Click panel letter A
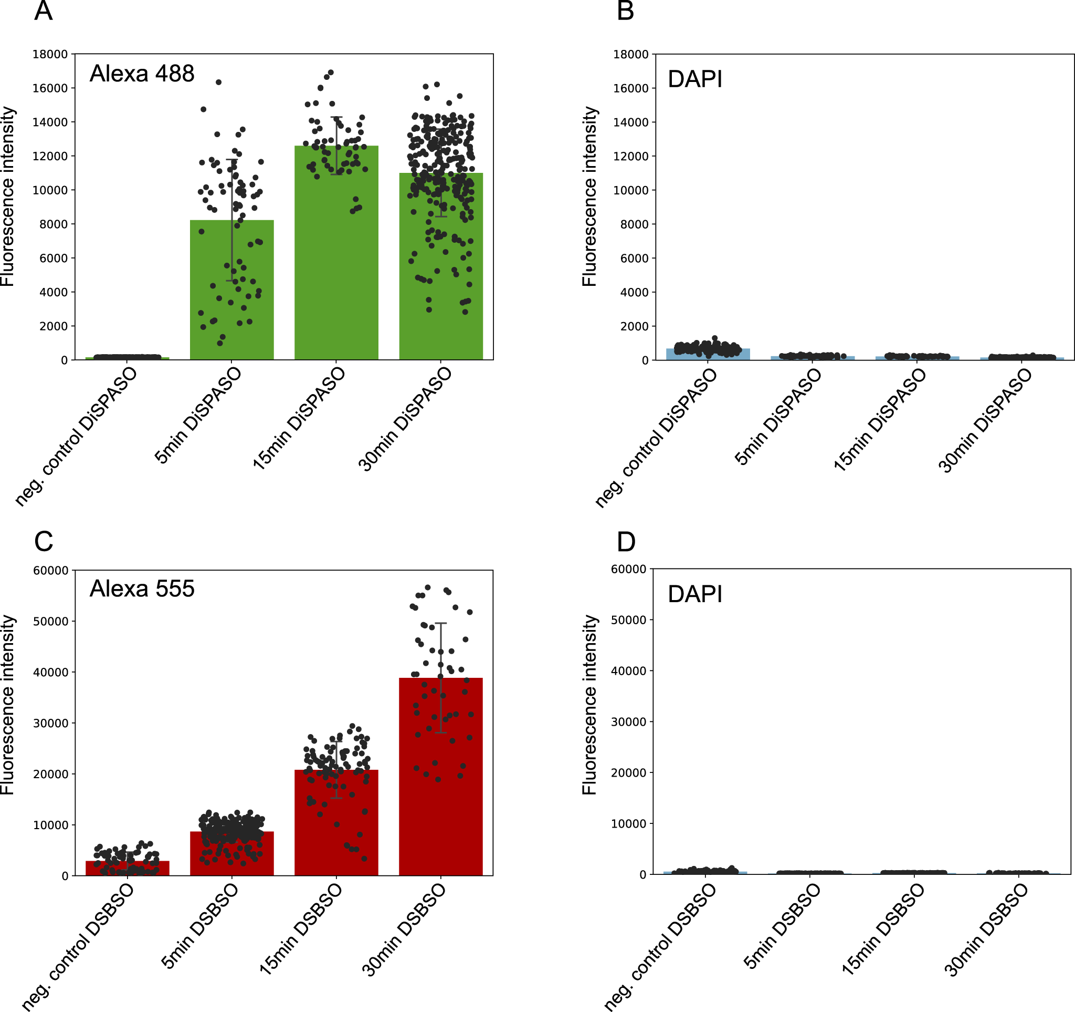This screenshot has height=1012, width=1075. [43, 11]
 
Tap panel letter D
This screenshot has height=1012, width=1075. [626, 542]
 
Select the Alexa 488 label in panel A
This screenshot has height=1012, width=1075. [142, 74]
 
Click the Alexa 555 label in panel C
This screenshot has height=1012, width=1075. [142, 589]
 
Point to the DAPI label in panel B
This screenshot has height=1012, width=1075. [695, 79]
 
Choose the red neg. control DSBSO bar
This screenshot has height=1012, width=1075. [127, 869]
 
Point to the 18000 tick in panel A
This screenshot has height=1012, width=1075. [50, 54]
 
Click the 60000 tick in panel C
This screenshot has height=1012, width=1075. [51, 571]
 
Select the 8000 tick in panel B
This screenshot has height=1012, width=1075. [634, 224]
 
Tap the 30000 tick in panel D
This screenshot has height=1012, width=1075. [628, 722]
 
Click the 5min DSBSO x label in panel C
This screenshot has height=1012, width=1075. [200, 926]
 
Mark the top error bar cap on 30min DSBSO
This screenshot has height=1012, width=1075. [441, 623]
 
